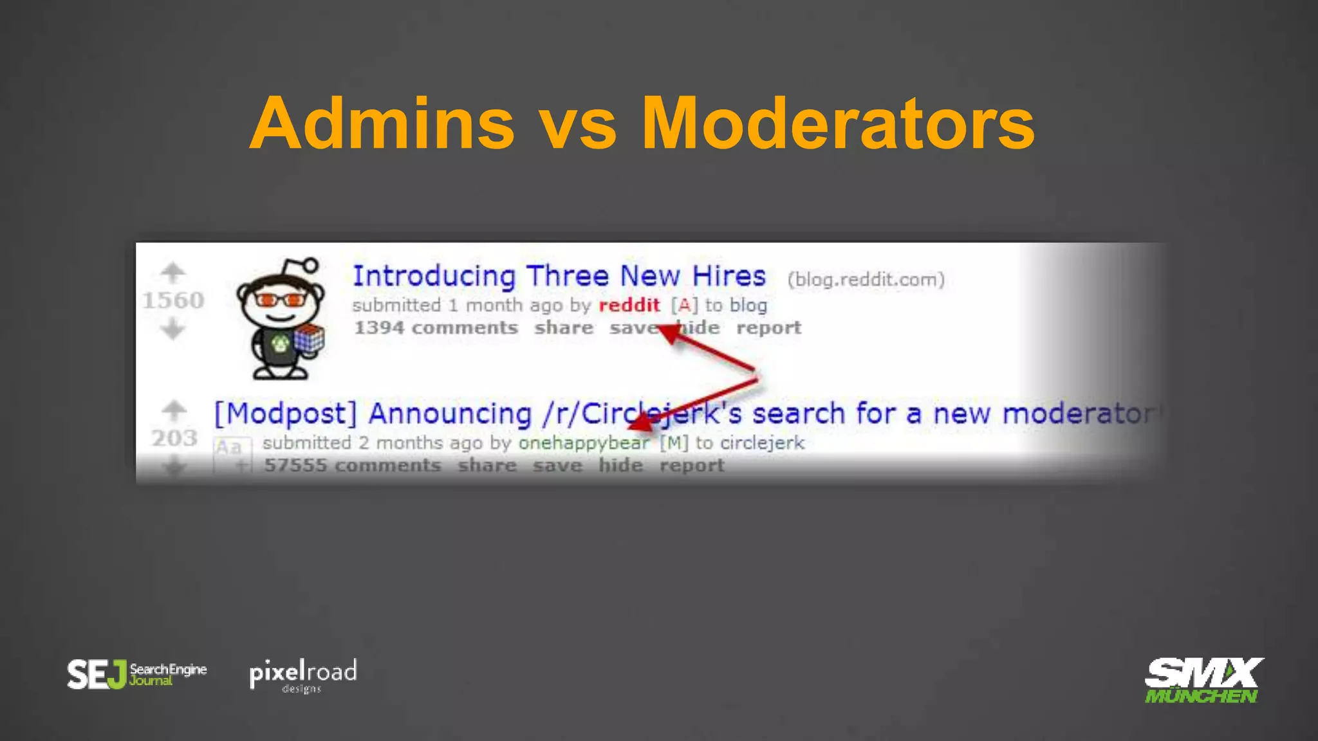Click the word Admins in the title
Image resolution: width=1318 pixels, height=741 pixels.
[x=382, y=123]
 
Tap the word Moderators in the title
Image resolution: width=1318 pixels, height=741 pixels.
[x=838, y=123]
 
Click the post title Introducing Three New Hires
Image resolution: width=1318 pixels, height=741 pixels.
[x=559, y=276]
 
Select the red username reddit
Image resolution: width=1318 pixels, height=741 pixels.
[x=629, y=305]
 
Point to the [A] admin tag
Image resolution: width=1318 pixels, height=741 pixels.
[x=684, y=305]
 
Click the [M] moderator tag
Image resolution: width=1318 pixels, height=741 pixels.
[x=674, y=443]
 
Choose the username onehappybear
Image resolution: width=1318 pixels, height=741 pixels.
[x=584, y=443]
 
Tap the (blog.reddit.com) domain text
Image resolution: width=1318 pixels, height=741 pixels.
[x=866, y=279]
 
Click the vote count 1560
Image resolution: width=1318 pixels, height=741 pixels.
[x=172, y=300]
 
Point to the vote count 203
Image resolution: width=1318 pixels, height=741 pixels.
[x=174, y=438]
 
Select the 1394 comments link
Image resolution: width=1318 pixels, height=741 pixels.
[x=436, y=328]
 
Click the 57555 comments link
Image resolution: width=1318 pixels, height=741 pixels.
[x=352, y=465]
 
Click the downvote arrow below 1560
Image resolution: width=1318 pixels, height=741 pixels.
[x=172, y=330]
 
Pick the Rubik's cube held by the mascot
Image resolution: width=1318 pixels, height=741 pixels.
[x=309, y=339]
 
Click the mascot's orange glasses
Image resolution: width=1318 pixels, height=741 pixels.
[x=280, y=300]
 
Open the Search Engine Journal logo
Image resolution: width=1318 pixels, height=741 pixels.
[x=136, y=674]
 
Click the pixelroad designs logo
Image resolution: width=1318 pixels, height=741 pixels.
[x=302, y=675]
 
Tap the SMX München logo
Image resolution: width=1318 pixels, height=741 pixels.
[x=1202, y=680]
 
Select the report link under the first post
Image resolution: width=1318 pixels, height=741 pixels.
[x=768, y=328]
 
